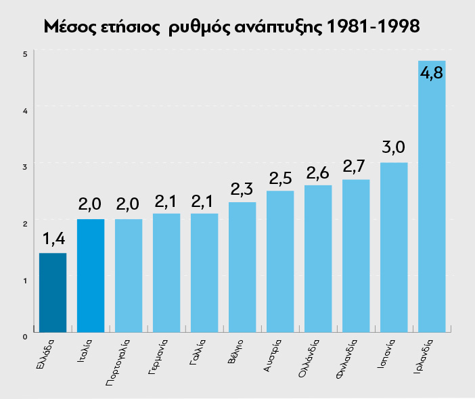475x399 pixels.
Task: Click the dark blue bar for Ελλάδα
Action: tap(53, 292)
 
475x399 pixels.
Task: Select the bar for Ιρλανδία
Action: tap(432, 203)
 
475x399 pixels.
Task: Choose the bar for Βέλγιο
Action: tap(242, 267)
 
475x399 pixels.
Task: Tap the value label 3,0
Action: tap(394, 147)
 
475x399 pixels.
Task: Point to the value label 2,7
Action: tap(356, 165)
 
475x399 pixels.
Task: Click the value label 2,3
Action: tap(242, 187)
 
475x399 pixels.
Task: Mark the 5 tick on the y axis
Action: tap(24, 54)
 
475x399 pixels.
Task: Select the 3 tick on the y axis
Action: tap(24, 166)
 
